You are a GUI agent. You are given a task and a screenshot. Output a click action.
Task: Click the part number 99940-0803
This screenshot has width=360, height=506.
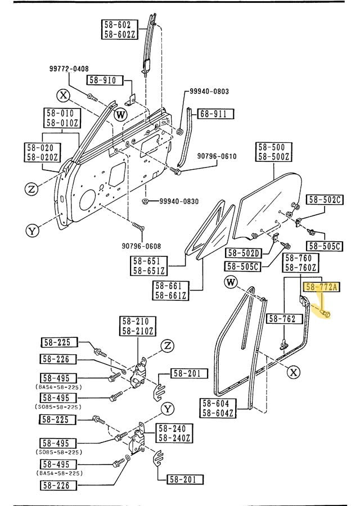click(209, 92)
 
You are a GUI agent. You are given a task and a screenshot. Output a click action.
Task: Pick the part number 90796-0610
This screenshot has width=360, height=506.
click(217, 156)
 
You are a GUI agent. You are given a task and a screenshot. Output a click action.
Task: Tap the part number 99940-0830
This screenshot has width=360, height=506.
click(178, 201)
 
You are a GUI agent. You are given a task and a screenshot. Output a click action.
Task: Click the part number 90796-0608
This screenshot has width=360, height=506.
click(141, 245)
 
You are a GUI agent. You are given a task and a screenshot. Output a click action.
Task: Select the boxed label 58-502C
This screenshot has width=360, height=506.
click(325, 200)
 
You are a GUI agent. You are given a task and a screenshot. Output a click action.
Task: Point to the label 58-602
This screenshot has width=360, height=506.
click(118, 25)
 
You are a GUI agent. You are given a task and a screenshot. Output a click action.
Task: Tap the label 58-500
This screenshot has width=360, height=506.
click(273, 147)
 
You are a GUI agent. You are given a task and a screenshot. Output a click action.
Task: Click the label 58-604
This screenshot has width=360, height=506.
click(217, 403)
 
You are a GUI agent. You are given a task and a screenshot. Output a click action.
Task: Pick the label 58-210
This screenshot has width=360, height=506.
click(136, 321)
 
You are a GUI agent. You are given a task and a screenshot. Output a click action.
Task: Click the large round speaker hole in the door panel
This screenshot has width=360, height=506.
click(87, 200)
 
